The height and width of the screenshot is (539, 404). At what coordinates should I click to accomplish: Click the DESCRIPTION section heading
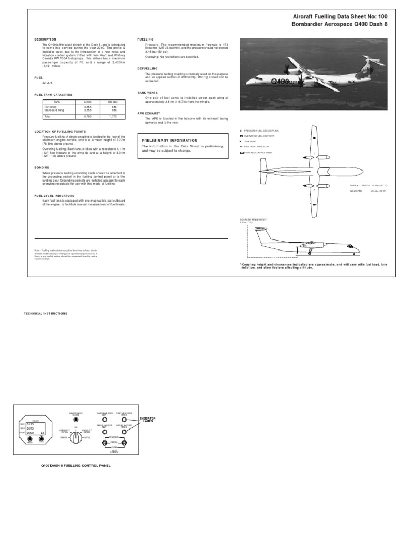tap(45, 39)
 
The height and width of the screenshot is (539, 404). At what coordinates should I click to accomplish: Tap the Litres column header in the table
tap(80, 101)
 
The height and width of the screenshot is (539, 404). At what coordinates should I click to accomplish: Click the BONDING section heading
tap(42, 167)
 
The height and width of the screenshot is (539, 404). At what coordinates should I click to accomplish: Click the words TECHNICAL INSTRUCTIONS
tap(46, 313)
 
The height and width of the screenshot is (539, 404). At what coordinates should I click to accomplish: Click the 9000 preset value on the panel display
tap(30, 433)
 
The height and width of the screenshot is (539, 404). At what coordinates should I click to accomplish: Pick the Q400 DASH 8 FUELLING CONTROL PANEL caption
tap(76, 466)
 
